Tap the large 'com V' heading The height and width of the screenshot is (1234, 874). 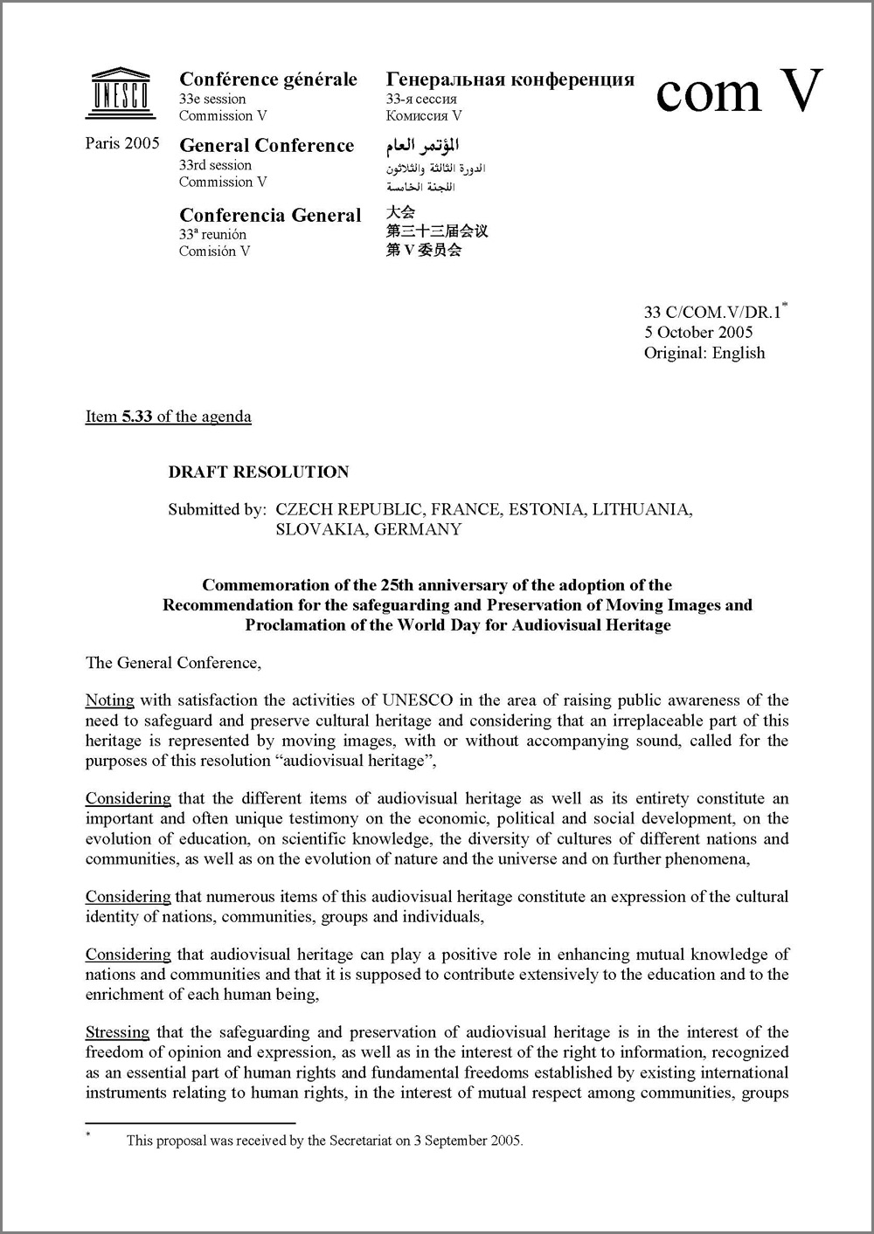pos(739,91)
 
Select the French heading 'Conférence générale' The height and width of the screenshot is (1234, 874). pos(268,79)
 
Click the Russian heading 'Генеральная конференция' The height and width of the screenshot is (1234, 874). pos(510,79)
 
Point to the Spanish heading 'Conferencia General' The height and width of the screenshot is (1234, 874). pos(270,215)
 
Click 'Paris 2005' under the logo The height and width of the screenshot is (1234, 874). pos(122,143)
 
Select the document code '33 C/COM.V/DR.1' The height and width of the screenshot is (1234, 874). pos(712,312)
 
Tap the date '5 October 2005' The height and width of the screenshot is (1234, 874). pos(698,332)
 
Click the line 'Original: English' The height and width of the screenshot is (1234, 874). pos(704,353)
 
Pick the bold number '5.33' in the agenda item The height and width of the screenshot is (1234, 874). pos(137,417)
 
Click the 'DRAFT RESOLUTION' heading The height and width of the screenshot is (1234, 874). pos(259,472)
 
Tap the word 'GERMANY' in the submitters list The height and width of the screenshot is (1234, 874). pos(418,529)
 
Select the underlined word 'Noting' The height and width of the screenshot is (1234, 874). pos(109,700)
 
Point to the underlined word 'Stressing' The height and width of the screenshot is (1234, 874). pos(117,1032)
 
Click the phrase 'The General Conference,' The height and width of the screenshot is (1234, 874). pos(173,663)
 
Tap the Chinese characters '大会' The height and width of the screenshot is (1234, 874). pos(400,211)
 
